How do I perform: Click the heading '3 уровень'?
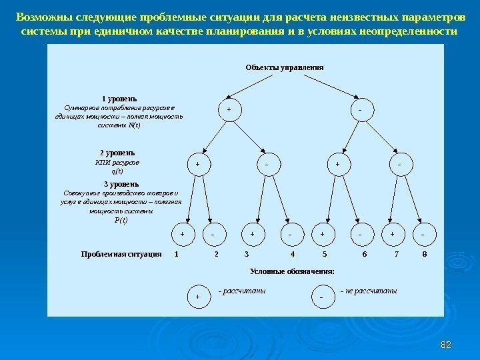click(121, 183)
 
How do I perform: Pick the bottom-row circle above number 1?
click(183, 235)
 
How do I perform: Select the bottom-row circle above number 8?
click(423, 235)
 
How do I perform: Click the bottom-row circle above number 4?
click(291, 235)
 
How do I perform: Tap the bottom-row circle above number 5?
click(322, 235)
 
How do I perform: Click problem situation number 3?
click(247, 255)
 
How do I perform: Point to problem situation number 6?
click(364, 255)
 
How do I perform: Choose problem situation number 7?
click(397, 255)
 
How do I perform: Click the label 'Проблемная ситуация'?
click(121, 255)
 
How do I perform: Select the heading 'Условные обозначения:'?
click(291, 271)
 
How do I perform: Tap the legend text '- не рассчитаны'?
click(368, 291)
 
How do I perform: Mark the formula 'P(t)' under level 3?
click(121, 220)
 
